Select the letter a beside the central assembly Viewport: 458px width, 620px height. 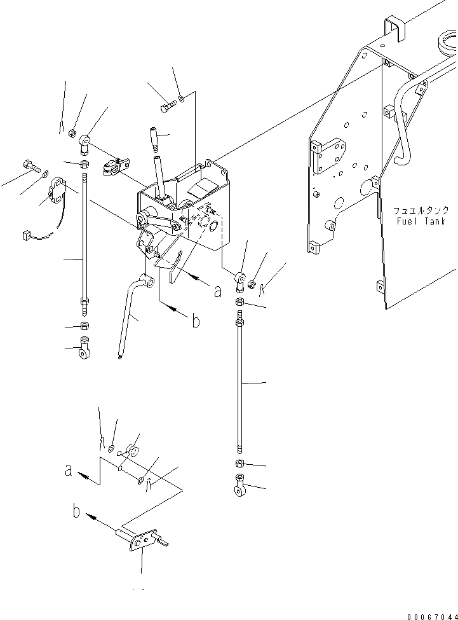[218, 292]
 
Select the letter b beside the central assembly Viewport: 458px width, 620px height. [196, 320]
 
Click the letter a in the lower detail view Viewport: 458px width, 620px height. [68, 471]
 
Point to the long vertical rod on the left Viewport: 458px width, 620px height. [85, 242]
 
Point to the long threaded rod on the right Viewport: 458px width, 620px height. [241, 388]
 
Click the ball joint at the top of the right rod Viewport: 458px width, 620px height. [240, 279]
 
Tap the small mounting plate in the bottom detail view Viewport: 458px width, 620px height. [144, 542]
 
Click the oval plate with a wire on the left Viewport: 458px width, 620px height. [59, 191]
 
